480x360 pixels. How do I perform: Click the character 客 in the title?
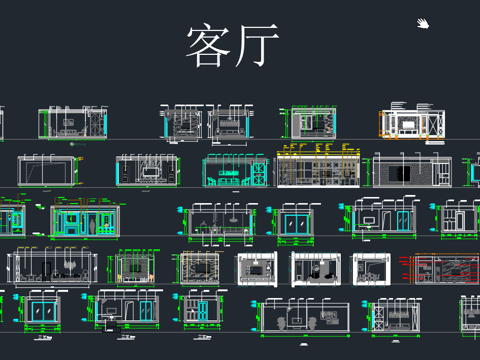207,46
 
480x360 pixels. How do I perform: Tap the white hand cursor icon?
424,24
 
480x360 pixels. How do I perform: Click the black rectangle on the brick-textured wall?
400,172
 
